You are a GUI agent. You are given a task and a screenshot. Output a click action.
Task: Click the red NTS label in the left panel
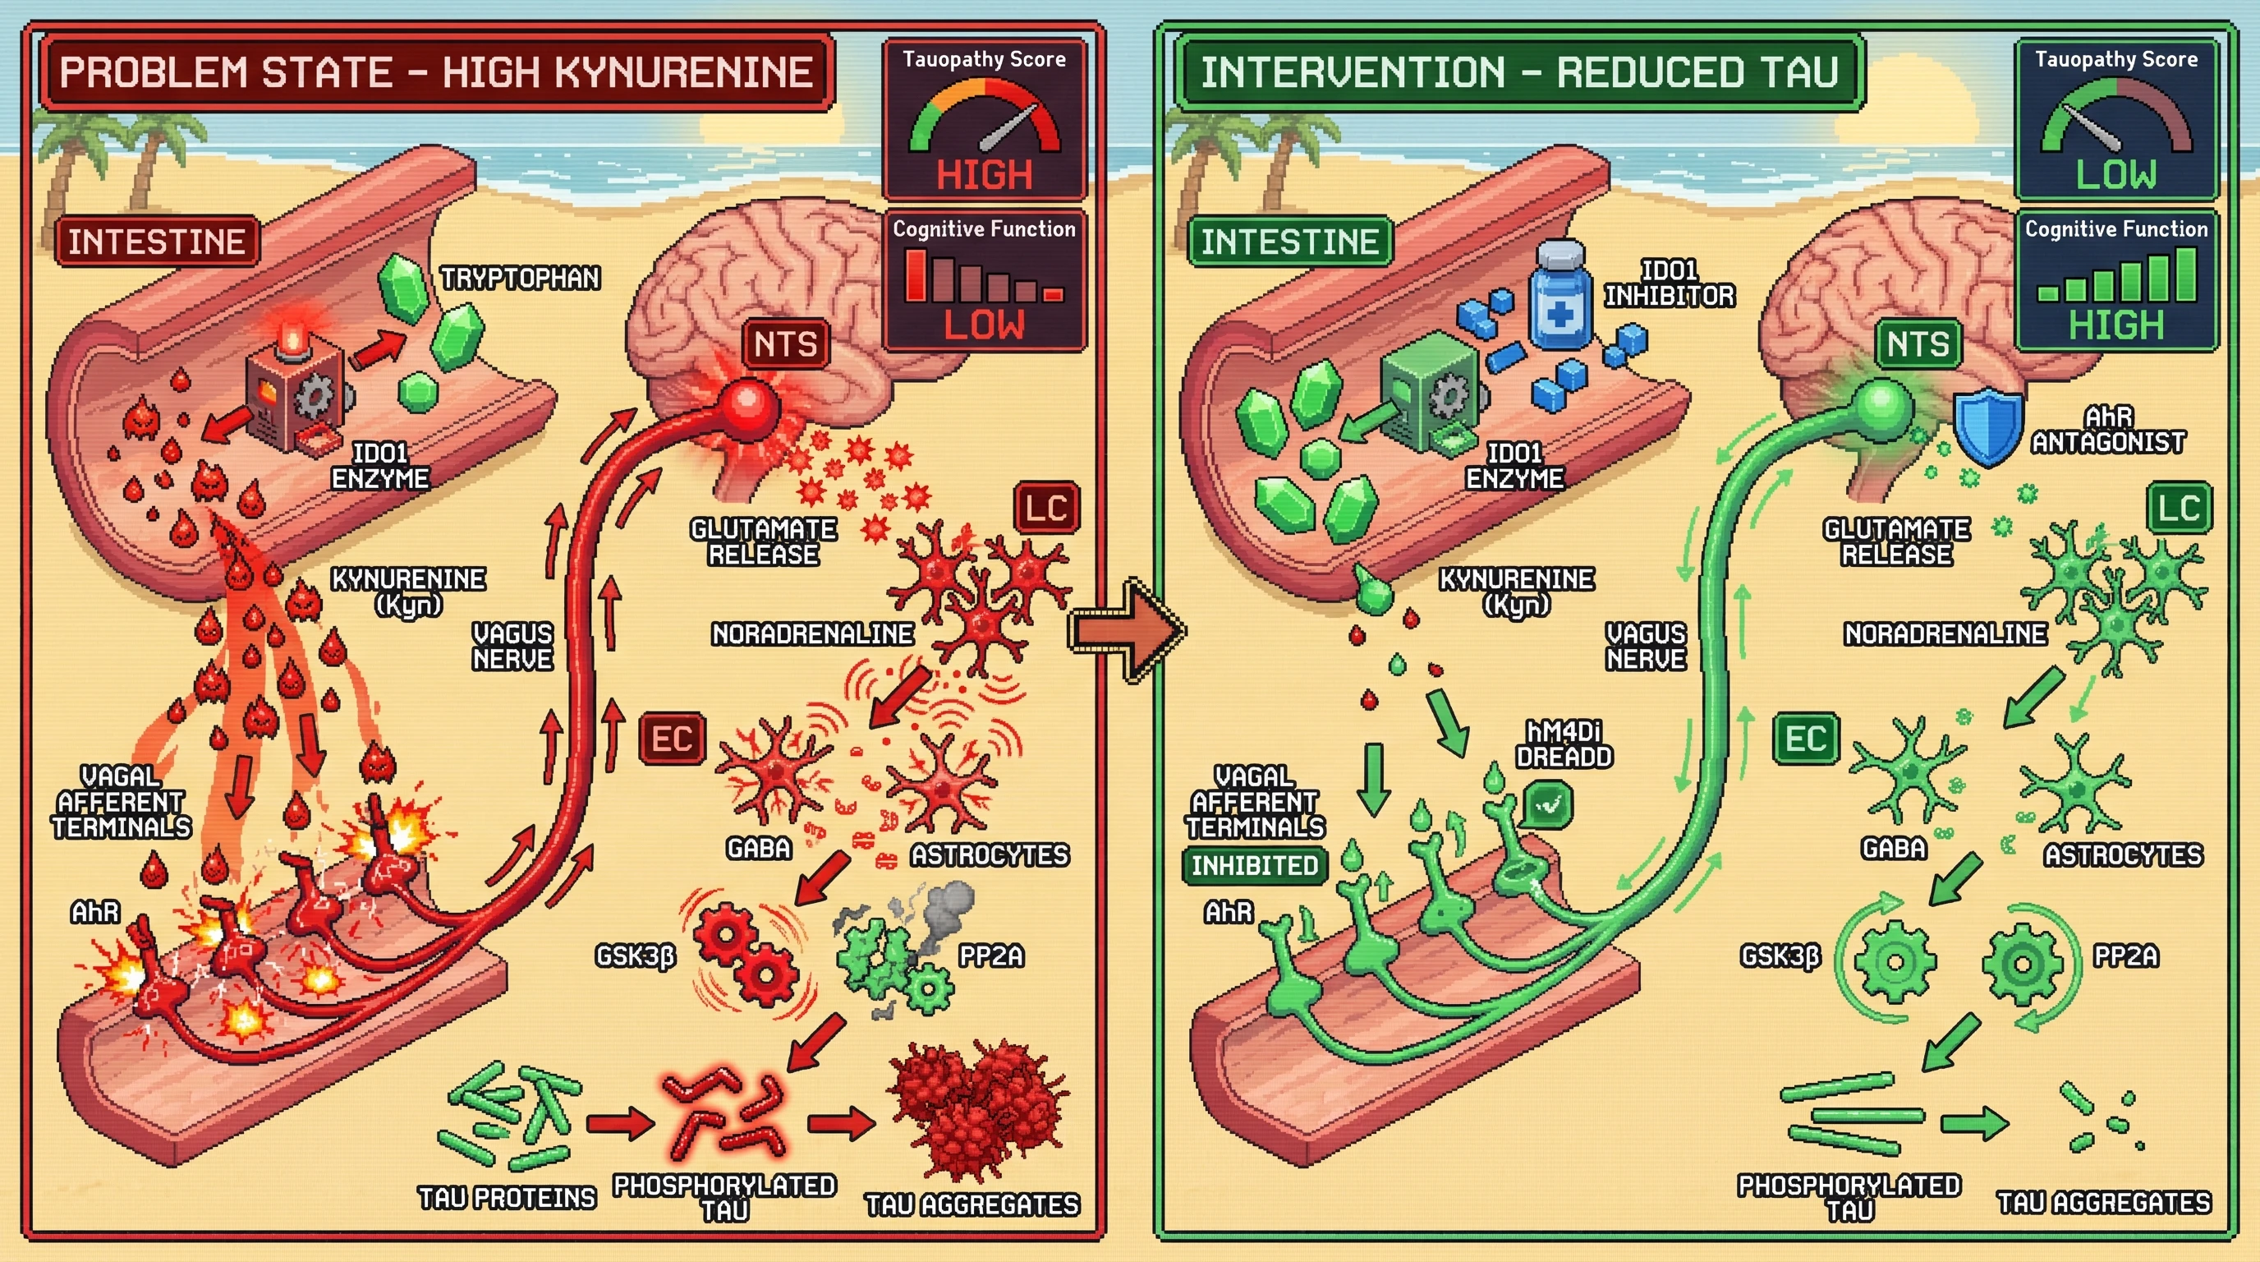pyautogui.click(x=785, y=343)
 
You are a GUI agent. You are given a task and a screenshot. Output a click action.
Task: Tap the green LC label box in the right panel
pyautogui.click(x=2180, y=507)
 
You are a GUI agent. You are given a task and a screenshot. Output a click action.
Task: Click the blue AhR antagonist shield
pyautogui.click(x=1988, y=426)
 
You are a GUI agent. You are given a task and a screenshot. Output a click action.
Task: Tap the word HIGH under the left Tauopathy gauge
pyautogui.click(x=984, y=175)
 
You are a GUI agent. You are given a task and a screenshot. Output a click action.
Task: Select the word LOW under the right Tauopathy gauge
pyautogui.click(x=2115, y=175)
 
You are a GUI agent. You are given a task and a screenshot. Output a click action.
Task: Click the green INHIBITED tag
pyautogui.click(x=1255, y=865)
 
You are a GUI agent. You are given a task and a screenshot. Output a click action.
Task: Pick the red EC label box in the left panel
pyautogui.click(x=672, y=738)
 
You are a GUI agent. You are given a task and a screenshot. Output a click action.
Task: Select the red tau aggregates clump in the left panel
pyautogui.click(x=978, y=1110)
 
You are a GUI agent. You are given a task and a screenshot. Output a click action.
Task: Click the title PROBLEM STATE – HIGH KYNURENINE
pyautogui.click(x=436, y=72)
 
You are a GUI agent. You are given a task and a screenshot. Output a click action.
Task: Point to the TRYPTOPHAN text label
pyautogui.click(x=521, y=279)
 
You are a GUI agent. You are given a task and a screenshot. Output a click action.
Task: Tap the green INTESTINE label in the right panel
pyautogui.click(x=1288, y=242)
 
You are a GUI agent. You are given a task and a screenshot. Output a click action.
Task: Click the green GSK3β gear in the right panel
pyautogui.click(x=1895, y=962)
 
